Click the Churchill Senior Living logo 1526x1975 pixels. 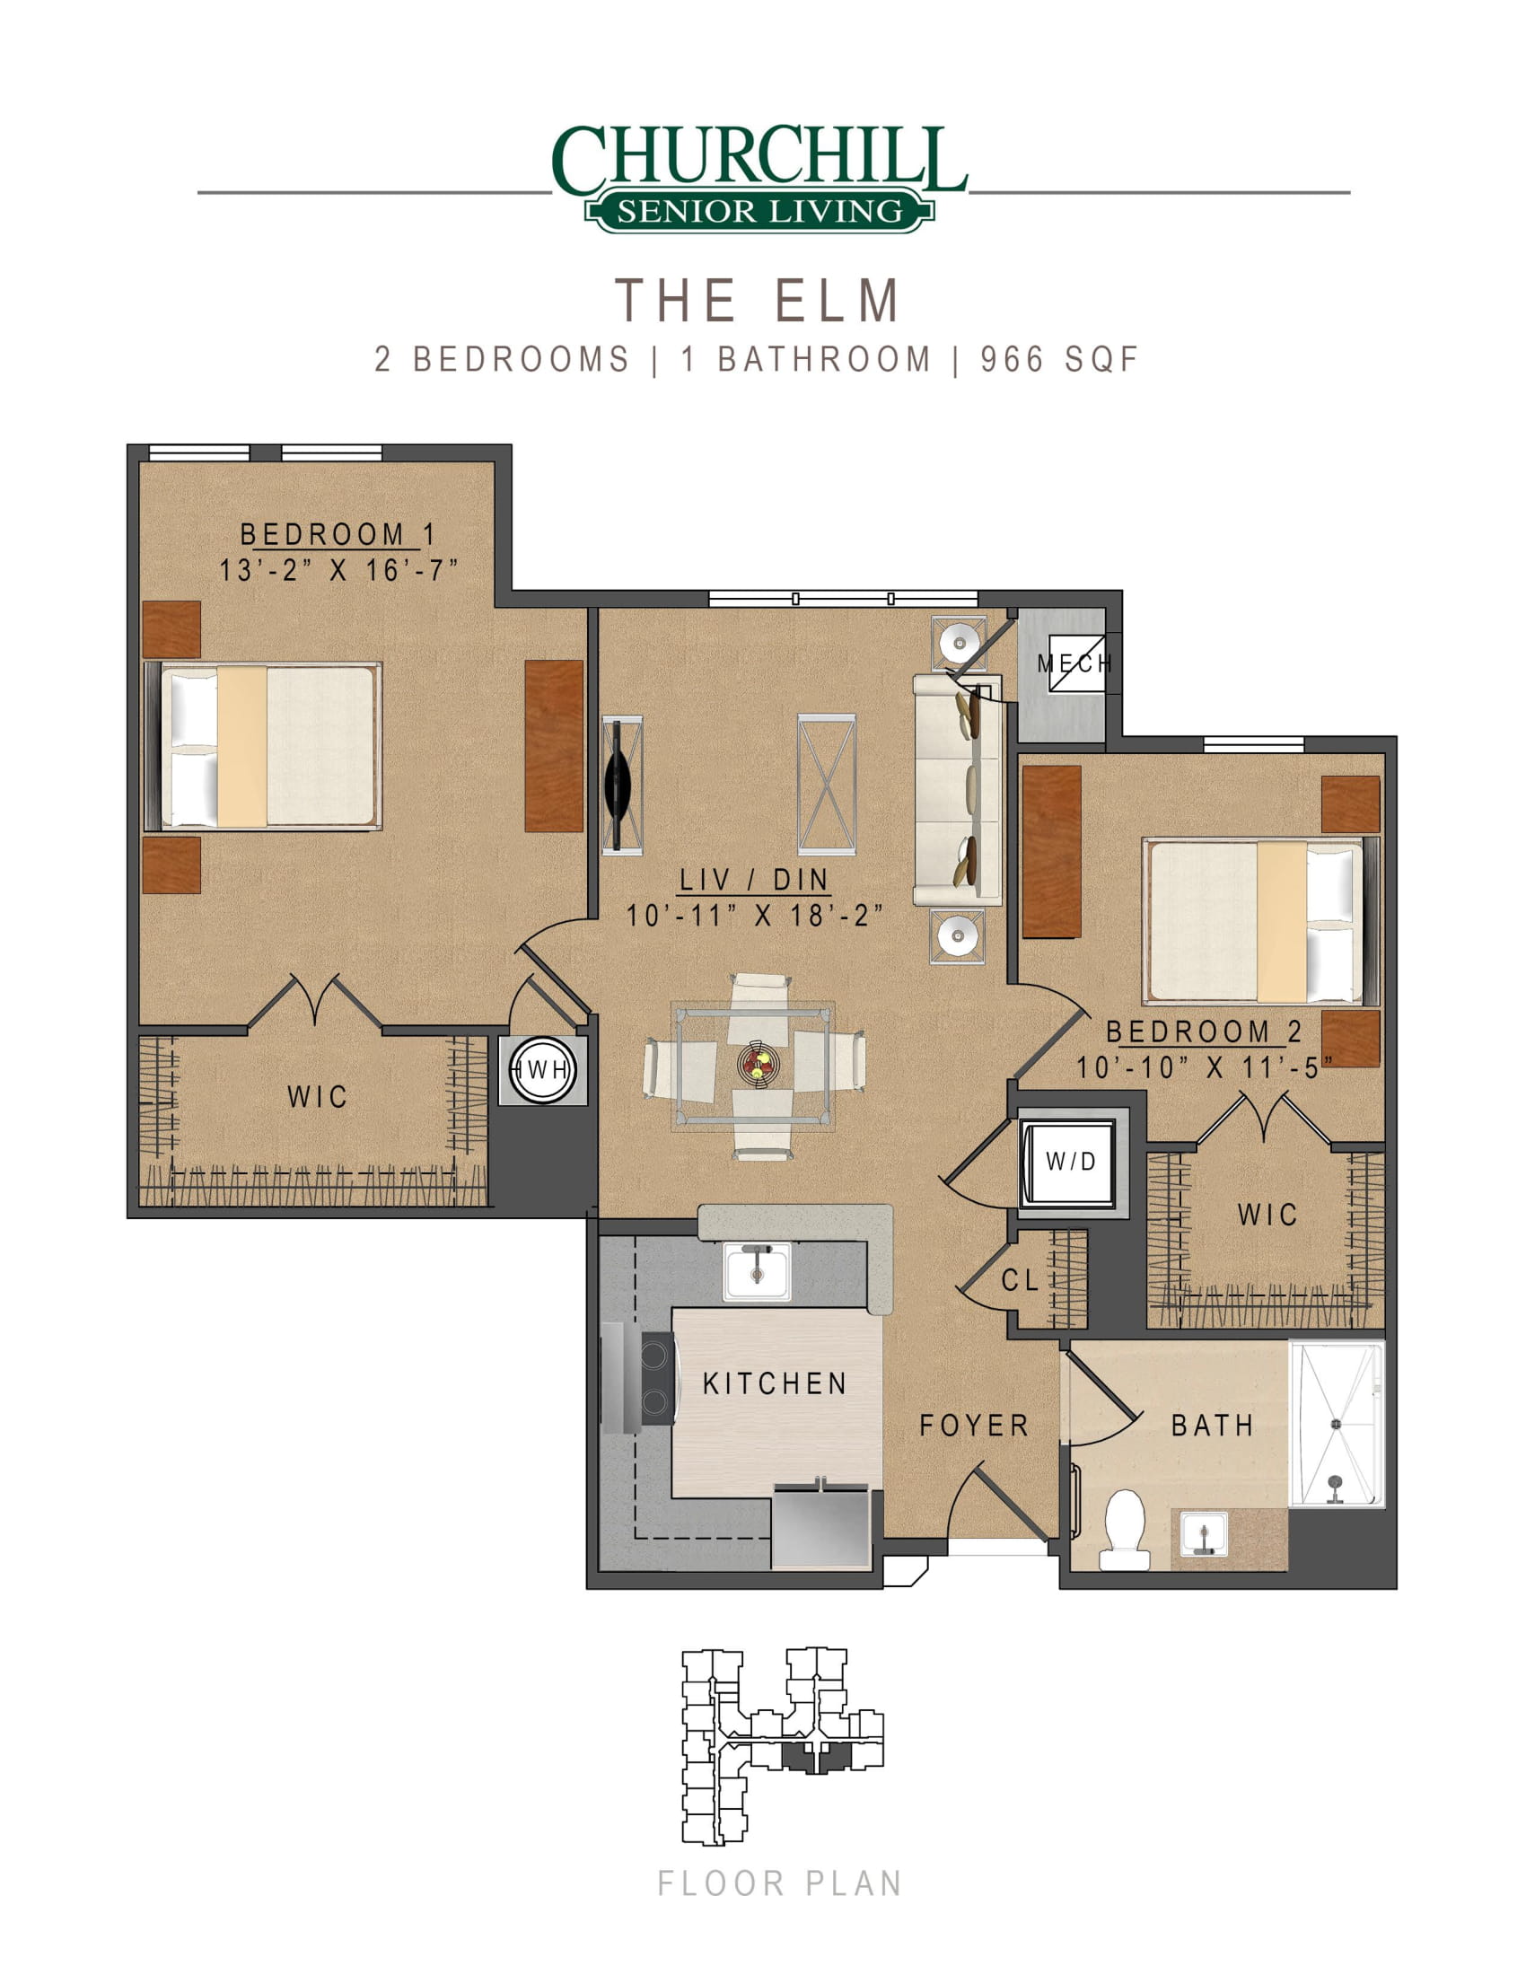(x=759, y=178)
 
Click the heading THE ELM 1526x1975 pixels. (x=758, y=300)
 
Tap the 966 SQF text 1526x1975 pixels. (x=1058, y=359)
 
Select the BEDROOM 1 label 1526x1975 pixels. (x=338, y=534)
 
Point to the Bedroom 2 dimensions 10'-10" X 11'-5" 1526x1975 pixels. (x=1203, y=1068)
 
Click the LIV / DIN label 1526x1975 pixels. (x=754, y=879)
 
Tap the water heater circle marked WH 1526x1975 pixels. (x=542, y=1071)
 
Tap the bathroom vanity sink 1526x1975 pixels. (x=1203, y=1536)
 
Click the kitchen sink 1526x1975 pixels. (x=757, y=1270)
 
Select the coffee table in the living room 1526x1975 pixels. (x=826, y=784)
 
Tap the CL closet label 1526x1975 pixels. (x=1019, y=1279)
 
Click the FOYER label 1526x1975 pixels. (x=974, y=1426)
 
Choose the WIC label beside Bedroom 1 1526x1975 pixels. (x=316, y=1097)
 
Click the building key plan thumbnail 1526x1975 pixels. (x=782, y=1746)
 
